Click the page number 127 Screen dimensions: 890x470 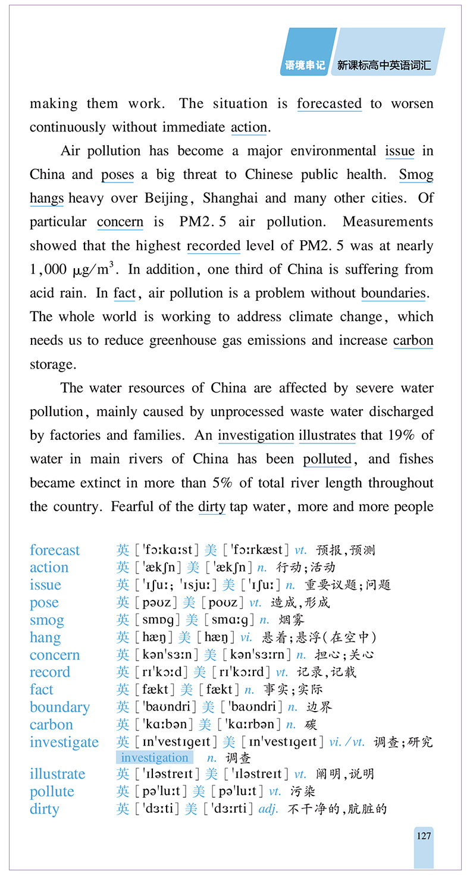pyautogui.click(x=424, y=835)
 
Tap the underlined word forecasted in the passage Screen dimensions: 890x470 pyautogui.click(x=329, y=103)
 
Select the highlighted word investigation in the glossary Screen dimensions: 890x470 pyautogui.click(x=155, y=757)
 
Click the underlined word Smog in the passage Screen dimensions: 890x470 pyautogui.click(x=416, y=175)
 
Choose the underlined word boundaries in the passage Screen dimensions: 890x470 pyautogui.click(x=393, y=293)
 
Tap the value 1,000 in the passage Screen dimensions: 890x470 pyautogui.click(x=48, y=270)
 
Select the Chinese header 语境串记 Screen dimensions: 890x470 pyautogui.click(x=305, y=65)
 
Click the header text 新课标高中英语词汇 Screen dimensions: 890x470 pyautogui.click(x=384, y=65)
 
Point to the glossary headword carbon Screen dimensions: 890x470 pyautogui.click(x=51, y=725)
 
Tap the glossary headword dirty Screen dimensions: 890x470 pyautogui.click(x=44, y=809)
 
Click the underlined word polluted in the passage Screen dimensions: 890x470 pyautogui.click(x=327, y=459)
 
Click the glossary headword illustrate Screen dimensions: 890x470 pyautogui.click(x=57, y=774)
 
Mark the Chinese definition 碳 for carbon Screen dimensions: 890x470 pyautogui.click(x=310, y=725)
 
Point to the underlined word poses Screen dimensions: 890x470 pyautogui.click(x=117, y=175)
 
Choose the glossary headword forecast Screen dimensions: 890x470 pyautogui.click(x=54, y=550)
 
